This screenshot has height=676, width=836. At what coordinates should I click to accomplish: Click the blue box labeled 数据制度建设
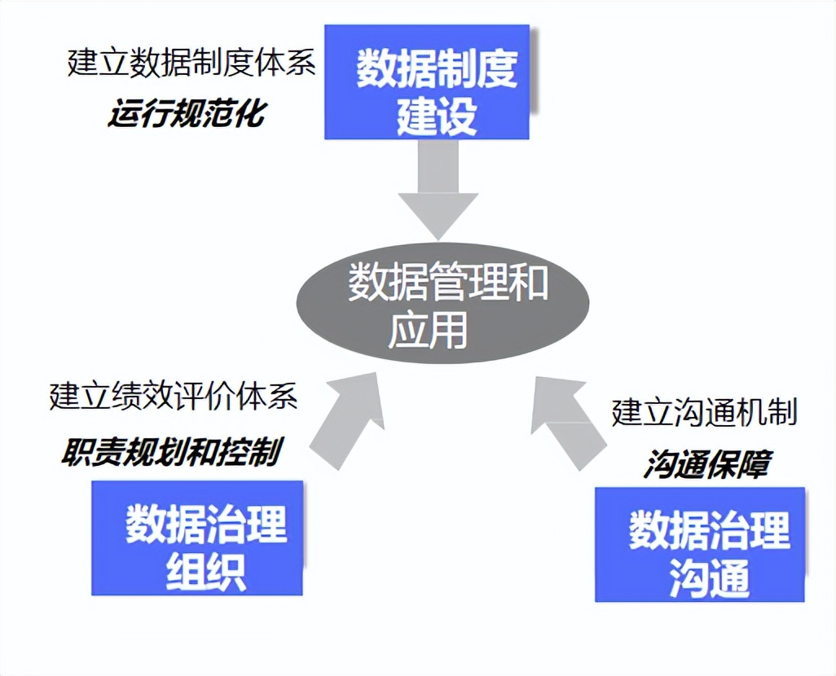click(x=426, y=82)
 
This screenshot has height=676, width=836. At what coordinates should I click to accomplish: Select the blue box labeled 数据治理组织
click(x=197, y=538)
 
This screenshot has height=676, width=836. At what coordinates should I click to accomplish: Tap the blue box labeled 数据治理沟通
click(x=699, y=544)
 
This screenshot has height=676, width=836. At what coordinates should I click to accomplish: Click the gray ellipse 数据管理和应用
click(x=442, y=303)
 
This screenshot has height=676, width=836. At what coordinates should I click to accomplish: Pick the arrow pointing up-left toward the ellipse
click(x=568, y=422)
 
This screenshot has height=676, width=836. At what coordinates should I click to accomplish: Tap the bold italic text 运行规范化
click(x=187, y=113)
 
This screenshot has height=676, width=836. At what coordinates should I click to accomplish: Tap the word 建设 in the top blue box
click(x=436, y=115)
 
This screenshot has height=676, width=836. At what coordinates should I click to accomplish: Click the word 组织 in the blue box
click(x=206, y=572)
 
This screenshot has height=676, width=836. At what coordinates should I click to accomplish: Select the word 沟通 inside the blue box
click(x=709, y=578)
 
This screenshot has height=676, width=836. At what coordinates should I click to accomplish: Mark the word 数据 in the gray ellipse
click(x=388, y=281)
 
